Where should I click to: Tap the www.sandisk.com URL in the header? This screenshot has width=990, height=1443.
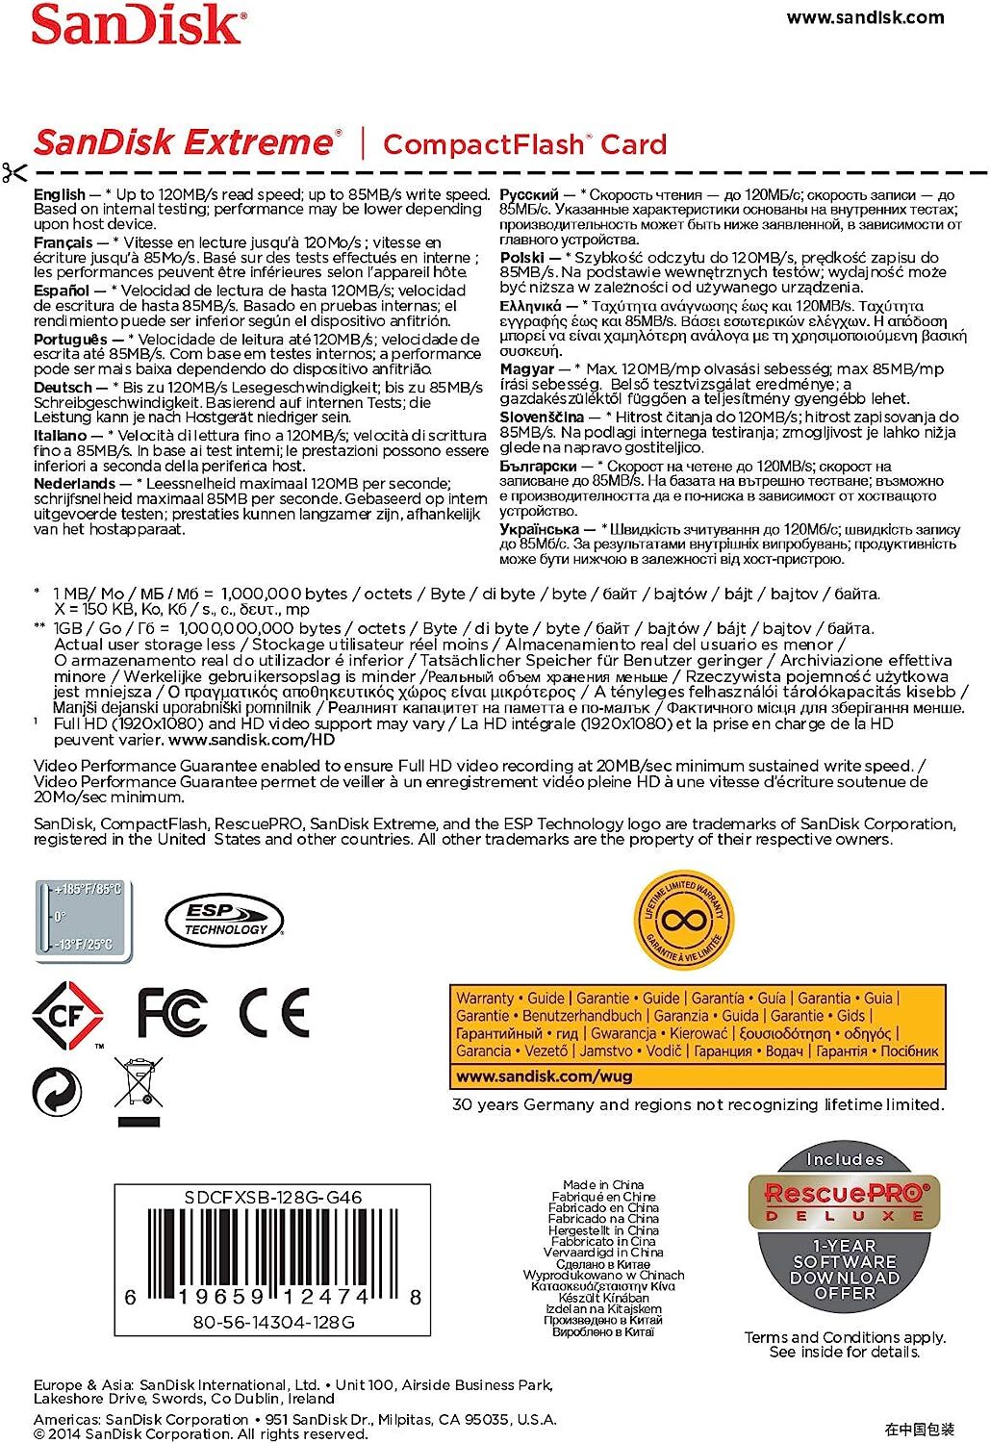pos(865,17)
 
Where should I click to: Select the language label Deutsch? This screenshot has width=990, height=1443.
pos(63,387)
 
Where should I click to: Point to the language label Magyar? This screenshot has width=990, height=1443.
pos(526,368)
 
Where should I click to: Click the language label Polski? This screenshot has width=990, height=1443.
pos(522,258)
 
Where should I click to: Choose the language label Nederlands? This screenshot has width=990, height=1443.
pos(74,483)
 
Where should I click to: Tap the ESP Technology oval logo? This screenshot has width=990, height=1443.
pos(224,920)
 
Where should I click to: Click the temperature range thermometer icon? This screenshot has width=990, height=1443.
pos(84,918)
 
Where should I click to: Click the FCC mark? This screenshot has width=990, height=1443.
pos(172,1011)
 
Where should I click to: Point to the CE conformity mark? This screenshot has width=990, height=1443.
pos(273,1011)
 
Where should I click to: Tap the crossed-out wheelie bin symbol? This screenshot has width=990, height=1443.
pos(139,1091)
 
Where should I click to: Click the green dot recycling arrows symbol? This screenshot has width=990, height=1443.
pos(57,1092)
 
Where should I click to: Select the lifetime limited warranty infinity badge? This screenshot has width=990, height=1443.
pos(684,919)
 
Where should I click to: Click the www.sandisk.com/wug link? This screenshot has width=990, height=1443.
pos(544,1076)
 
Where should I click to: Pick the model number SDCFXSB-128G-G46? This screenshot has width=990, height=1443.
pos(272,1198)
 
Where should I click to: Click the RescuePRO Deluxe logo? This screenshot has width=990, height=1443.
pos(845,1201)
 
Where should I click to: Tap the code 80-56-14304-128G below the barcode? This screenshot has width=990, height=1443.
pos(273,1323)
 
